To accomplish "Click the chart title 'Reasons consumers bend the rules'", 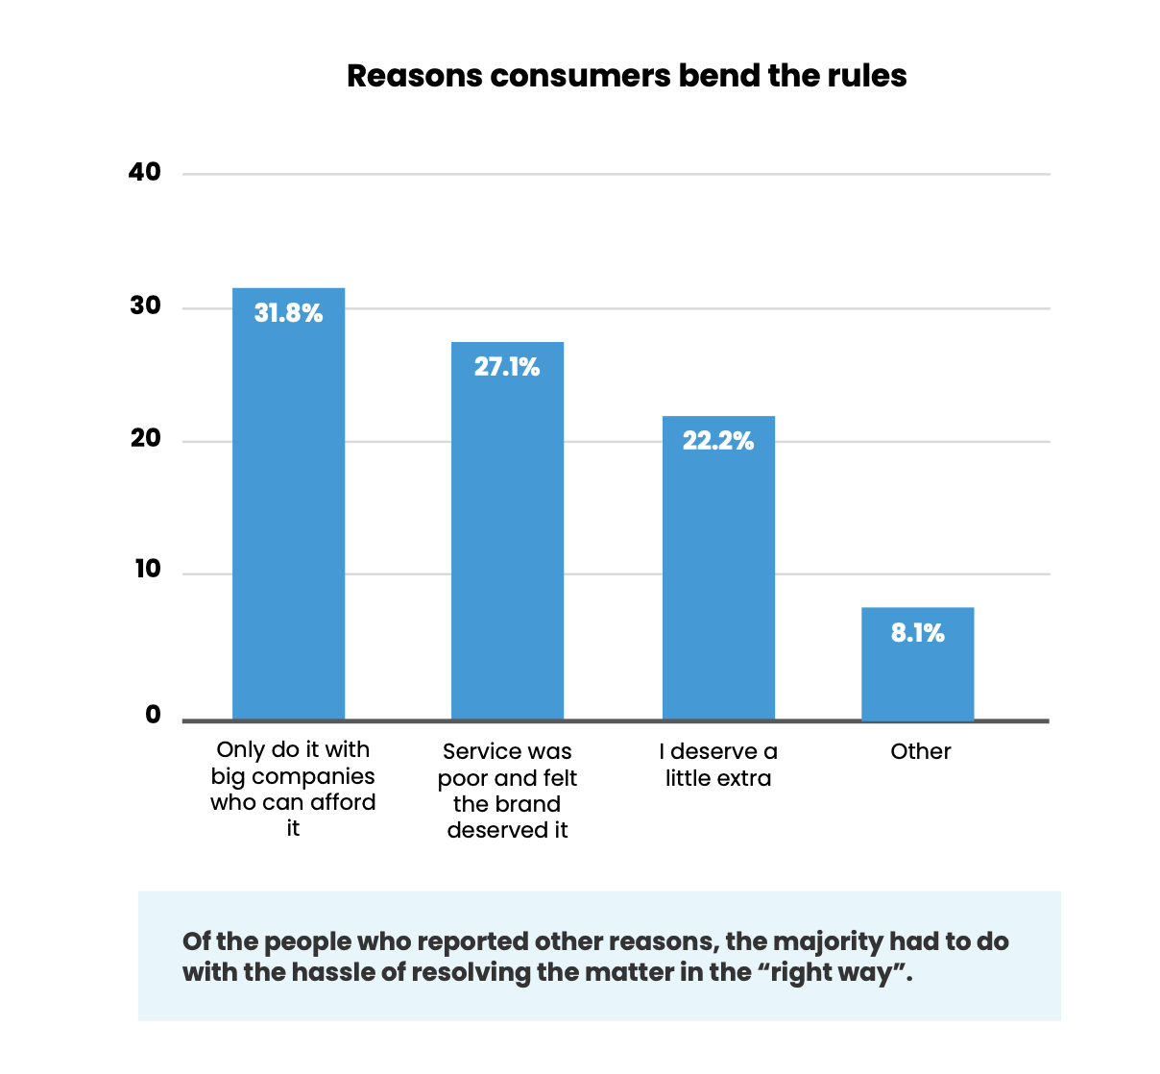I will pyautogui.click(x=626, y=76).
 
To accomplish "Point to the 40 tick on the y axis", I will pyautogui.click(x=145, y=173).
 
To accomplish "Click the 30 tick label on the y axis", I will pyautogui.click(x=145, y=306).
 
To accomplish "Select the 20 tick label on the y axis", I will pyautogui.click(x=146, y=439).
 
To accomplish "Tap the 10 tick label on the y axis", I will pyautogui.click(x=147, y=570).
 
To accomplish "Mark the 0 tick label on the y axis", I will pyautogui.click(x=153, y=715).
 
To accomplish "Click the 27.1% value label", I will pyautogui.click(x=507, y=367).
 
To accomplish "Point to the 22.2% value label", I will pyautogui.click(x=718, y=441).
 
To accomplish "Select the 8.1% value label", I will pyautogui.click(x=917, y=633).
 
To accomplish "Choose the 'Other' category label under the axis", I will pyautogui.click(x=920, y=751).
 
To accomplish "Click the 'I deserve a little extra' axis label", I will pyautogui.click(x=718, y=765).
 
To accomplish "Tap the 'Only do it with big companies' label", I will pyautogui.click(x=293, y=789).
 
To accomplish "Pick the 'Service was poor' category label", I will pyautogui.click(x=507, y=791).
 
